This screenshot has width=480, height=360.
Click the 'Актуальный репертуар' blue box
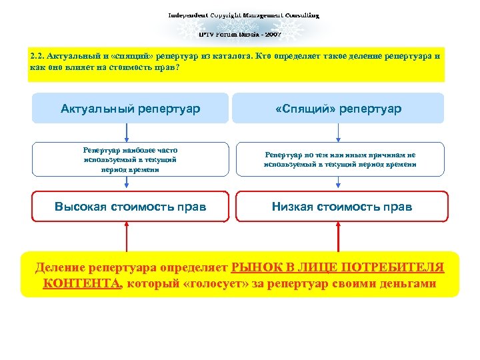pyautogui.click(x=130, y=108)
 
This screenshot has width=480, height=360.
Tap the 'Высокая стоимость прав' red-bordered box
pyautogui.click(x=130, y=207)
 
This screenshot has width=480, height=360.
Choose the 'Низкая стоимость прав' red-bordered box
pyautogui.click(x=341, y=207)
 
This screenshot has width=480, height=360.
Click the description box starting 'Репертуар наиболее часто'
pyautogui.click(x=130, y=159)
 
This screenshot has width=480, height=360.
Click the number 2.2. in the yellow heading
pyautogui.click(x=37, y=56)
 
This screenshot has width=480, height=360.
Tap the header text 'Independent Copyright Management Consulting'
pyautogui.click(x=243, y=15)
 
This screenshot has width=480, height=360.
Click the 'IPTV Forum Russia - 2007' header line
pyautogui.click(x=240, y=33)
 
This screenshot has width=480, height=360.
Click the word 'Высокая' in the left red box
pyautogui.click(x=81, y=207)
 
